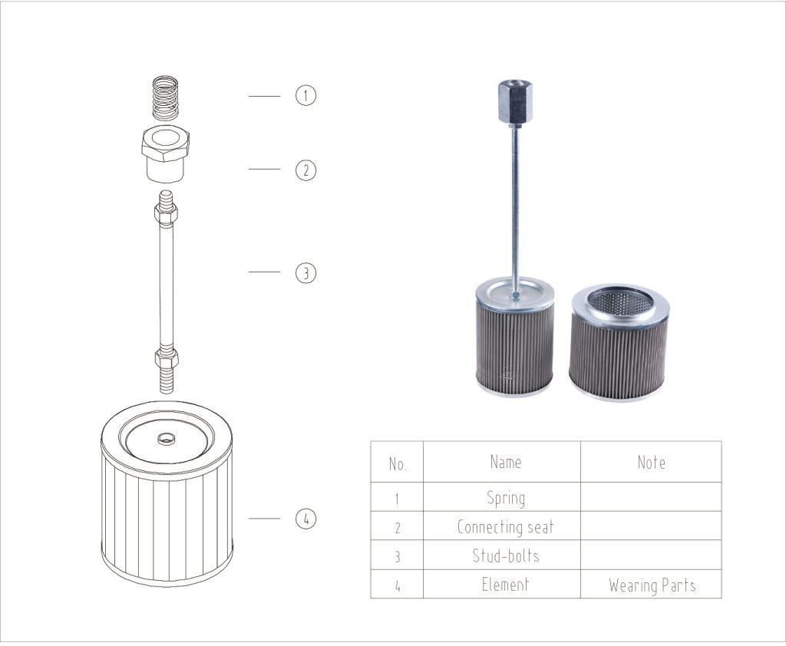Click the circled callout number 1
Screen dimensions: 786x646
[x=305, y=95]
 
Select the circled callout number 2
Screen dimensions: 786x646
[x=305, y=170]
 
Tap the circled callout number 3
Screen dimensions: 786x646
[x=305, y=272]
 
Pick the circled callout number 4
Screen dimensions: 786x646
[x=305, y=518]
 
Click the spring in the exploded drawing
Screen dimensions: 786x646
[x=166, y=98]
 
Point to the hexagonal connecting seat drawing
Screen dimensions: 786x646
[x=166, y=153]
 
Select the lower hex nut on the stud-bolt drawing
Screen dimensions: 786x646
[x=167, y=358]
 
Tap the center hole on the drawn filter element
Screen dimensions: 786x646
[x=166, y=439]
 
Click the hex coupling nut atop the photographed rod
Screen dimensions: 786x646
[x=510, y=101]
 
